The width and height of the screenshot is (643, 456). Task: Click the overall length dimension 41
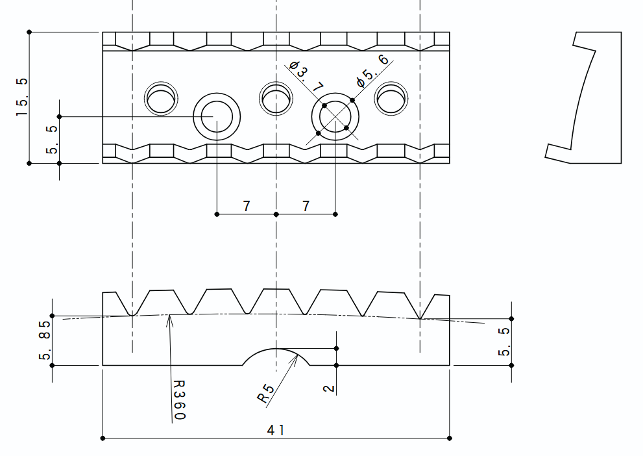click(x=276, y=429)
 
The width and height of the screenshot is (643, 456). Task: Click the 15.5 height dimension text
click(x=23, y=97)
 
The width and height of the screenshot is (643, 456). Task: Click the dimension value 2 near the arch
click(x=329, y=388)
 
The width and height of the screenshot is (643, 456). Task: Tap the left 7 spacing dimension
click(x=247, y=206)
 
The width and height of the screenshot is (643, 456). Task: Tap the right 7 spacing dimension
click(x=306, y=206)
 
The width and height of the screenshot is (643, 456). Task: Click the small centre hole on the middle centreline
click(x=276, y=99)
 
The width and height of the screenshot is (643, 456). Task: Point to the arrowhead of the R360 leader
click(x=169, y=318)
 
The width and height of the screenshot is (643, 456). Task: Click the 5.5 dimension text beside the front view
click(x=504, y=341)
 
